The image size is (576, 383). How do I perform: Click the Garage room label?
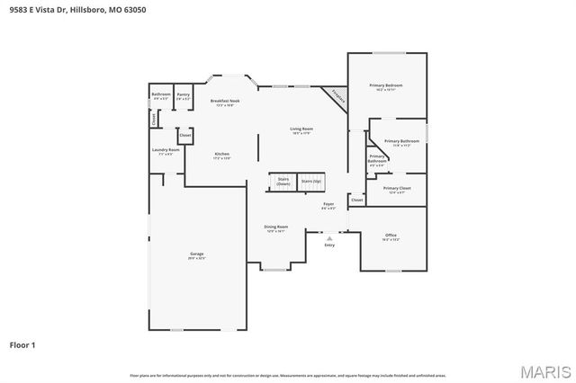tap(196, 254)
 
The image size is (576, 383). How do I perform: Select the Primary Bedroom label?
tap(385, 86)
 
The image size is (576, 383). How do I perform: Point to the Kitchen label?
tap(221, 154)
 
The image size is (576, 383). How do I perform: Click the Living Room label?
tap(301, 129)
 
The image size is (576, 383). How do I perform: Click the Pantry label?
tap(183, 94)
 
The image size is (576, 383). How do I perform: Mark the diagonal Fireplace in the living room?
tap(337, 96)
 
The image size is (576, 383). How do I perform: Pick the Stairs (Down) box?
tap(283, 182)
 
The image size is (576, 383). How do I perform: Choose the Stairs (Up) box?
tap(310, 182)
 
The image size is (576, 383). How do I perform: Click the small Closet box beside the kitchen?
tap(184, 135)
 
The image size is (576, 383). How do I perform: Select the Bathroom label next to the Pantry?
tap(161, 94)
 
